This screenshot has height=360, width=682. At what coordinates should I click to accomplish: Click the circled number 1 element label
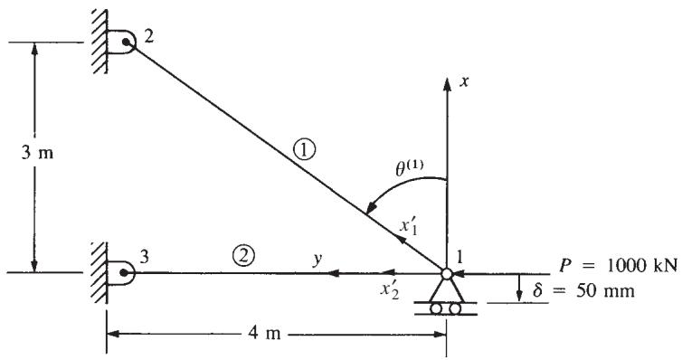[304, 150]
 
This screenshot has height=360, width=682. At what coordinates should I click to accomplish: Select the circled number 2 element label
[243, 255]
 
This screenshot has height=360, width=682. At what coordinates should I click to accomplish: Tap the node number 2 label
[148, 36]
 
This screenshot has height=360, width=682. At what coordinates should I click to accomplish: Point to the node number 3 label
[145, 257]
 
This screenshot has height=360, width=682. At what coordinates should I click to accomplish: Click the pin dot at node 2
[126, 42]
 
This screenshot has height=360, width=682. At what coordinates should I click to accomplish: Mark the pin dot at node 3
[125, 272]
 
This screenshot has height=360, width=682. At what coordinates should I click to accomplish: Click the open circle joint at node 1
[447, 273]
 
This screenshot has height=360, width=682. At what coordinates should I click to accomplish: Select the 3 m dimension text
[37, 153]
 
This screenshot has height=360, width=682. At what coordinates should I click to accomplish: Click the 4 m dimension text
[265, 334]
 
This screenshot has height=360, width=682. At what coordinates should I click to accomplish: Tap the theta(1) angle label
[410, 168]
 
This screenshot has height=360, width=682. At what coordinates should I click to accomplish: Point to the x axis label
[465, 81]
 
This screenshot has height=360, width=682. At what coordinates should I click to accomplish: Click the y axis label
[318, 259]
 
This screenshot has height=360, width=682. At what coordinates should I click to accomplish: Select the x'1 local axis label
[409, 226]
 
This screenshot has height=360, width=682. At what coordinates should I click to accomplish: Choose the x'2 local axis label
[389, 289]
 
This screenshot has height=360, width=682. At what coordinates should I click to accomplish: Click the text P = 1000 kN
[618, 265]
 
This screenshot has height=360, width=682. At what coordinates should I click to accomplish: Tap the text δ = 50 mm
[583, 290]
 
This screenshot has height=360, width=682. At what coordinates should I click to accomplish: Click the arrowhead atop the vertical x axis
[447, 84]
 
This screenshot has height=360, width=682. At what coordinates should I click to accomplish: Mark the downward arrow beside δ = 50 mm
[519, 288]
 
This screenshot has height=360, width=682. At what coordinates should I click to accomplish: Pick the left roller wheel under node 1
[435, 308]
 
